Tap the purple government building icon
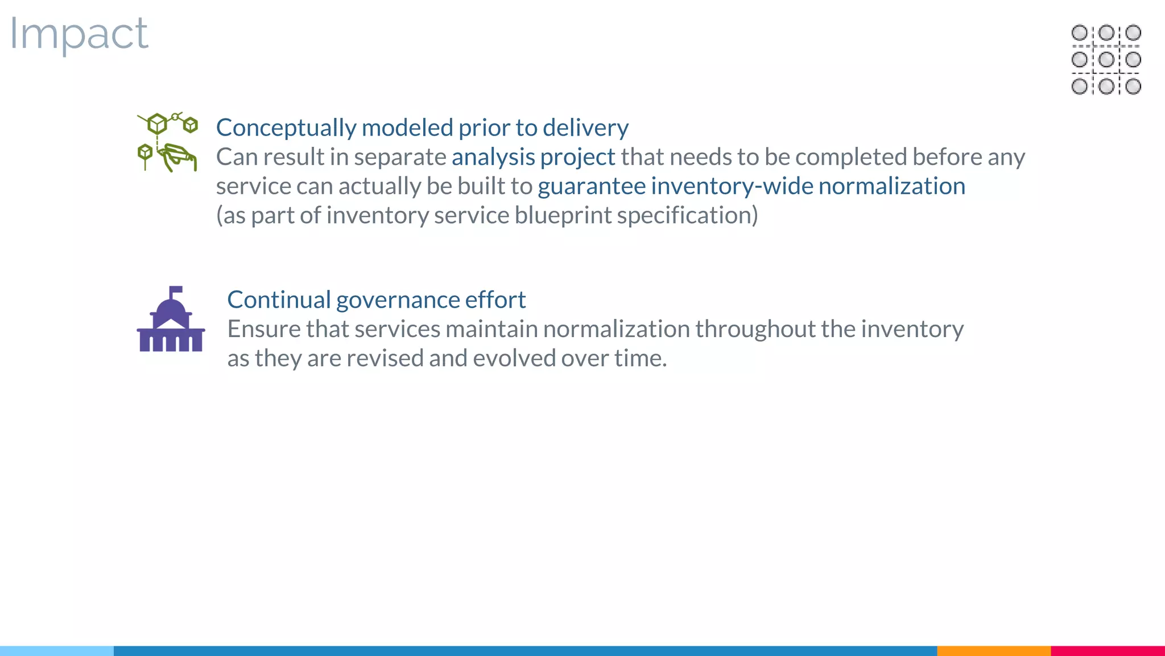click(x=171, y=320)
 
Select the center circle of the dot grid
click(x=1106, y=59)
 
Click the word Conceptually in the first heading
click(x=286, y=128)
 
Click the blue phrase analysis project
click(x=533, y=157)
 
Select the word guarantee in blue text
click(x=592, y=187)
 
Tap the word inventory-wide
click(x=732, y=187)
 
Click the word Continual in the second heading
click(x=279, y=300)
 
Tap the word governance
click(x=398, y=300)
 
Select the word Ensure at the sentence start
click(x=264, y=329)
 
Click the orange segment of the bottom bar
click(x=993, y=650)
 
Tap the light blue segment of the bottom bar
click(x=57, y=650)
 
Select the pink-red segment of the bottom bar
click(x=1107, y=650)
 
